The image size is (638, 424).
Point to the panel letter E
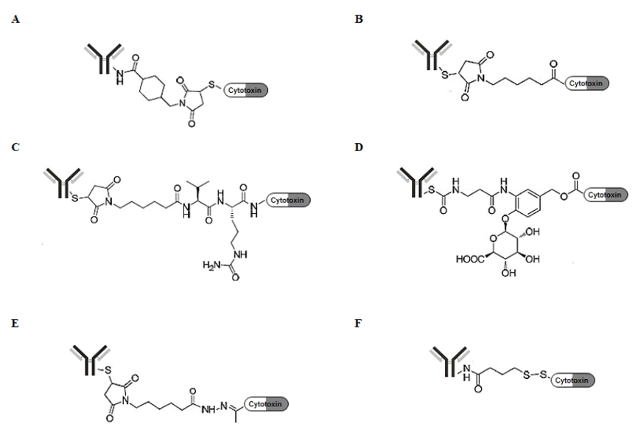pos(15,322)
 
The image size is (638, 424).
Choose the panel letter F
pos(359,322)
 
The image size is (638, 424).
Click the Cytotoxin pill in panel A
pos(246,91)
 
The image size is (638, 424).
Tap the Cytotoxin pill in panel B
pos(586,83)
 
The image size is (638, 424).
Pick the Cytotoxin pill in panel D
pos(603,195)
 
